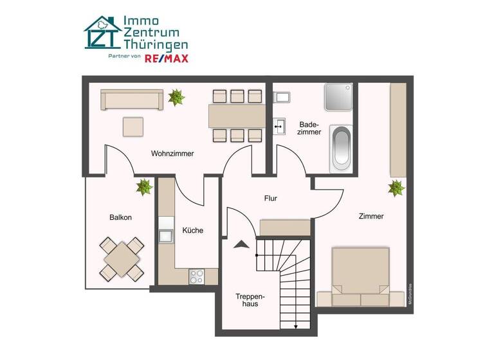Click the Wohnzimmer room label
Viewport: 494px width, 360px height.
point(172,154)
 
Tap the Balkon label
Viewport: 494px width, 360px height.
point(120,217)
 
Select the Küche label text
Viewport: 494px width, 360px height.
point(193,230)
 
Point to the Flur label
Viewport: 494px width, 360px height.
point(271,199)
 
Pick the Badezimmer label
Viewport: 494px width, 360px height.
point(309,127)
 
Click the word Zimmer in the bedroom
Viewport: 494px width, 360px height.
point(371,217)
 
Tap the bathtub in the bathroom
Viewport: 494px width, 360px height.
point(341,148)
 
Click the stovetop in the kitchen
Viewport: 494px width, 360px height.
point(196,276)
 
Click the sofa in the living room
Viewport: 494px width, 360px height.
point(131,100)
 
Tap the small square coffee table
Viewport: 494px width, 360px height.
point(133,126)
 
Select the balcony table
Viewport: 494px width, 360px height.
point(122,258)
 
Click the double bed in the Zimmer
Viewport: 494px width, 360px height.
point(360,273)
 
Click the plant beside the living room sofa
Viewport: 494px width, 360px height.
point(176,98)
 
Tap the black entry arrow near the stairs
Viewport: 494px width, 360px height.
point(242,244)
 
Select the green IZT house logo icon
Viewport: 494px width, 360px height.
point(102,33)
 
